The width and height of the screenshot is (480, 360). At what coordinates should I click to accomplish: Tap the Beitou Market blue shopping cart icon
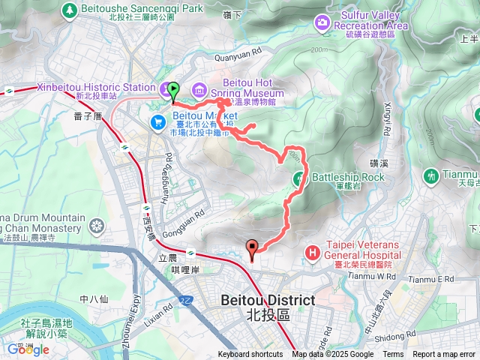click(158, 121)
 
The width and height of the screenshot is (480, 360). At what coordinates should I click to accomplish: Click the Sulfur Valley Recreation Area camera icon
click(323, 22)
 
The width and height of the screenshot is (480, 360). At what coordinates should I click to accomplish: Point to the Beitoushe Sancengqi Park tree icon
click(70, 10)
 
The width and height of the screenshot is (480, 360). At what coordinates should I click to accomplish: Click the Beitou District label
click(268, 300)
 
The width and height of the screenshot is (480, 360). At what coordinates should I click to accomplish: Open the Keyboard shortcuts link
click(250, 355)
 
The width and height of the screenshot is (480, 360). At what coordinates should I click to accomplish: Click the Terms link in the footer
click(393, 355)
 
